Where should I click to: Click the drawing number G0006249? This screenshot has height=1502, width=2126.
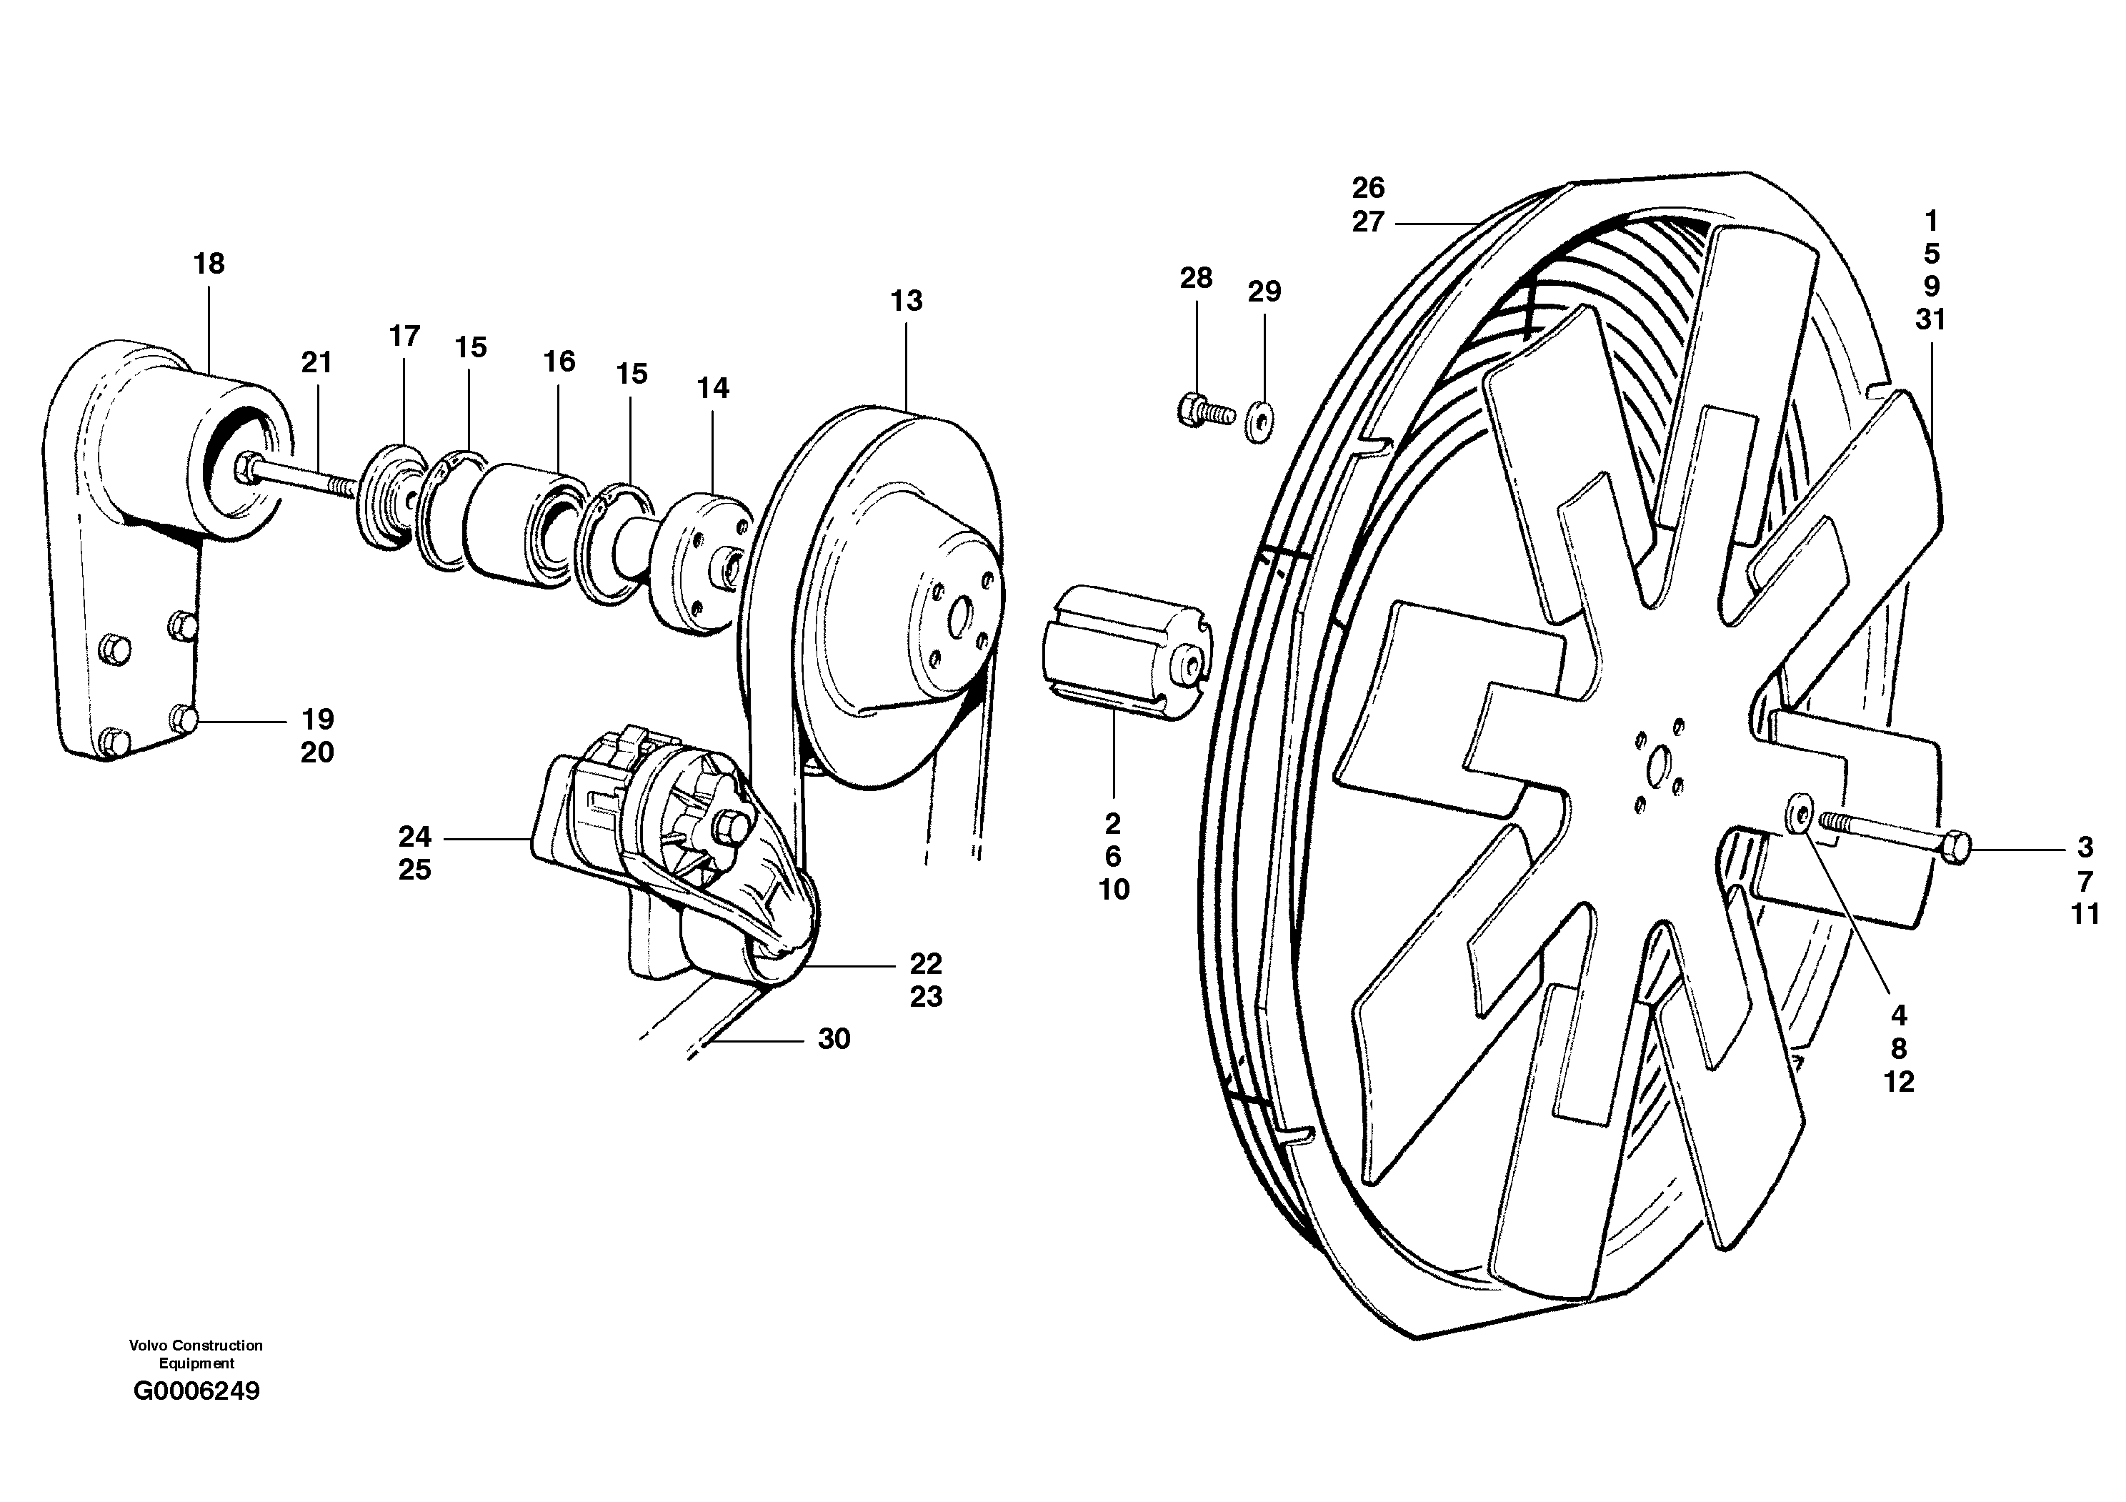196,1392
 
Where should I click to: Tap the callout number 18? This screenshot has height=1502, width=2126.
209,264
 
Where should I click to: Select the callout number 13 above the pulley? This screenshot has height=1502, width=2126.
907,301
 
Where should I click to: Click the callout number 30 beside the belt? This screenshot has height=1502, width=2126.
834,1039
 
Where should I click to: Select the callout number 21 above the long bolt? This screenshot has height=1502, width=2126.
316,362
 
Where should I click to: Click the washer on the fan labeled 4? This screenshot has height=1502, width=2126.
1797,812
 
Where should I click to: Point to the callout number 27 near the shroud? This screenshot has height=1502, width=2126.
1367,222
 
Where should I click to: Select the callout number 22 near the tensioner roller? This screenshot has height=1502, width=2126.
925,964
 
